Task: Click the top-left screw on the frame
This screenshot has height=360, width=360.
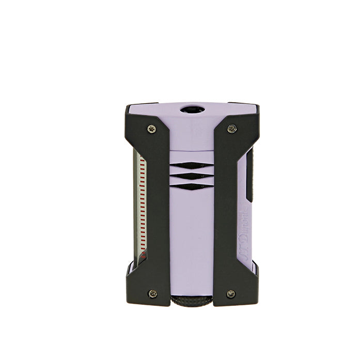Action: coord(151,129)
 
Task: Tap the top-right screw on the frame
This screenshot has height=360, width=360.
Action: coord(232,129)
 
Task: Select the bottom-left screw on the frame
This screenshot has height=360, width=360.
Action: coord(152,293)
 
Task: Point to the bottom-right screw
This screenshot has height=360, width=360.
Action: coord(231,293)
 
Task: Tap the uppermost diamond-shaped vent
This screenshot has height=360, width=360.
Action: coord(191,166)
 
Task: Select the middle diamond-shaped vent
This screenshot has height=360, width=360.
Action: coord(191,176)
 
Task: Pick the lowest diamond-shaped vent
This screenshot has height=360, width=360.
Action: coord(191,186)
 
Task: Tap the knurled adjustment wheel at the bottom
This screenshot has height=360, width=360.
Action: coord(191,302)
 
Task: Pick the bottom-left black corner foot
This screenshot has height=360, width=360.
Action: coord(135,287)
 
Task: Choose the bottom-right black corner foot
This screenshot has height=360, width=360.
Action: coord(249,287)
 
